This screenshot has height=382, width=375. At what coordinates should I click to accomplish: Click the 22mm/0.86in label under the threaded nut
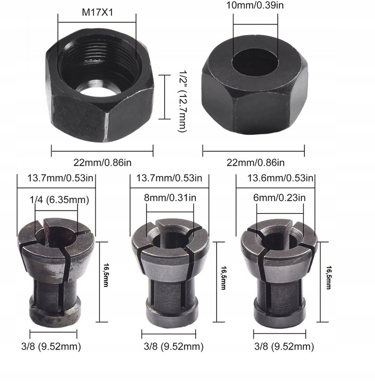click(x=103, y=162)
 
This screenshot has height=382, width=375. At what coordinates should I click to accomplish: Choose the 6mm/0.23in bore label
click(x=279, y=198)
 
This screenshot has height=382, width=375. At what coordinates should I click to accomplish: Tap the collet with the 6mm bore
click(x=278, y=271)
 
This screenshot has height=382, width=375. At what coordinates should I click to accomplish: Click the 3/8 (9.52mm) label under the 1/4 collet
click(x=55, y=346)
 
